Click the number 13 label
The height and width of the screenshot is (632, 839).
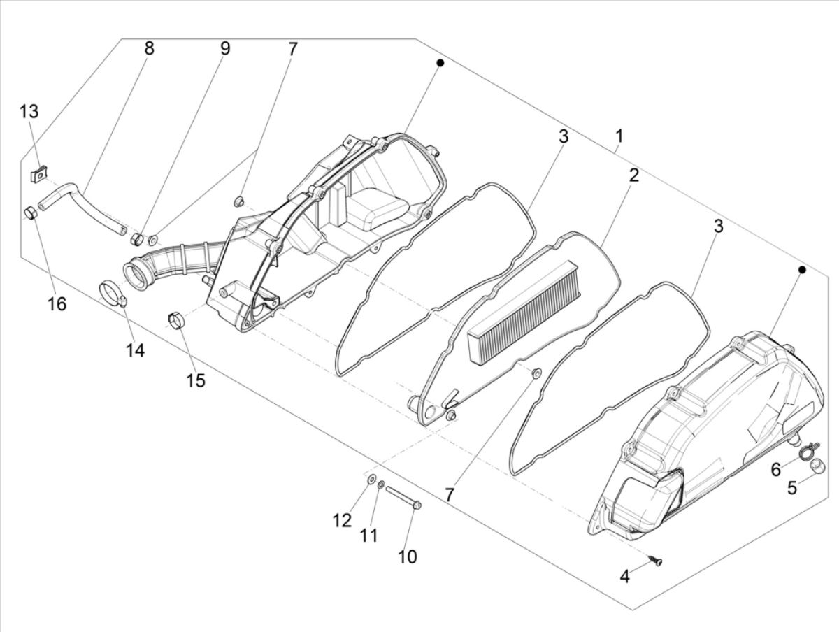click(x=29, y=112)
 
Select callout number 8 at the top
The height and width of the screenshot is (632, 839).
click(x=149, y=49)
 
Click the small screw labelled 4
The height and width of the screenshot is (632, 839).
click(x=657, y=560)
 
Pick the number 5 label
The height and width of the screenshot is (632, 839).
click(x=791, y=488)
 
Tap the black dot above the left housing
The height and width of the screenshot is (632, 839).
click(x=440, y=63)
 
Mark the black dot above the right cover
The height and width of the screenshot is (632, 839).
click(x=802, y=269)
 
